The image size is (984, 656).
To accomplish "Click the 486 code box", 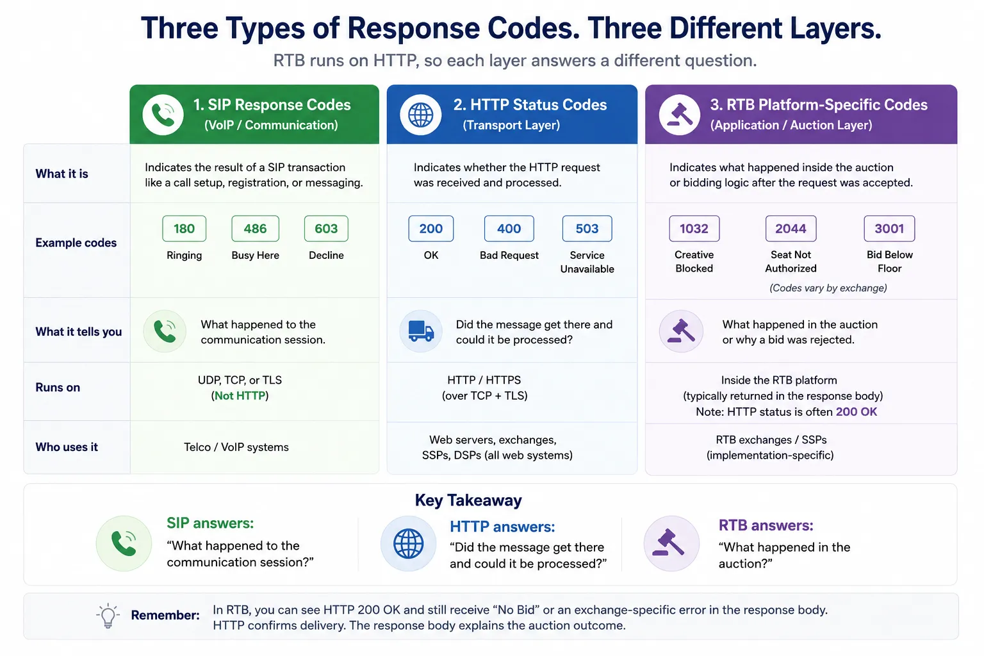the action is [x=255, y=229].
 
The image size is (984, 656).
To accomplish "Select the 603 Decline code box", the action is [x=326, y=229].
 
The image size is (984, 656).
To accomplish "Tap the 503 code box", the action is [x=587, y=229].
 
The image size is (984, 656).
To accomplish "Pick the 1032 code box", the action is [x=694, y=229].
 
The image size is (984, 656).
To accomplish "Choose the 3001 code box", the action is [x=889, y=229].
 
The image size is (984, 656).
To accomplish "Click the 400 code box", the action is [x=509, y=229].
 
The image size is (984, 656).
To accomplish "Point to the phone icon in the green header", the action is [x=163, y=115].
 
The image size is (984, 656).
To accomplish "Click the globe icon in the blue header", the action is [x=420, y=115].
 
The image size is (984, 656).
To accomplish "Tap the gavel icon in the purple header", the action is [x=679, y=115].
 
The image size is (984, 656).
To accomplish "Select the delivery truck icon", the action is [x=421, y=331].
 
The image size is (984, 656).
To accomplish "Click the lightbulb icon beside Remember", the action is [x=108, y=616].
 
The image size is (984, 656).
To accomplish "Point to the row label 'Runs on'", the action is [x=58, y=388].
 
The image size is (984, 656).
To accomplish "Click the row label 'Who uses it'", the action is [x=67, y=447].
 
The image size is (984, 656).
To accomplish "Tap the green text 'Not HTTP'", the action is [x=240, y=395].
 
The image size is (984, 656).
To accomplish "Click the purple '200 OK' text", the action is [x=856, y=412].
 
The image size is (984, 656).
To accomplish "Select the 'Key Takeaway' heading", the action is [x=468, y=500].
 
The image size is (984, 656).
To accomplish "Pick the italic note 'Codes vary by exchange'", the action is [x=828, y=288].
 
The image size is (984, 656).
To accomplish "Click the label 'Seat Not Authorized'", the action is [x=791, y=261].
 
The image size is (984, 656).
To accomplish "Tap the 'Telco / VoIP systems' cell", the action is [x=236, y=447].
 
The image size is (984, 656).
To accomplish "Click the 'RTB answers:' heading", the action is [x=766, y=525].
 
